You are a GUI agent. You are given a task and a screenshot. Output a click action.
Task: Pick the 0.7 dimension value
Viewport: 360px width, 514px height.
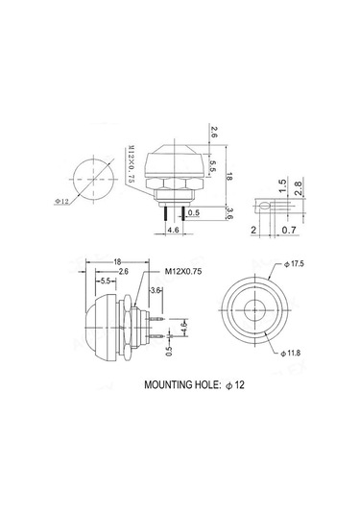pyautogui.click(x=289, y=231)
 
